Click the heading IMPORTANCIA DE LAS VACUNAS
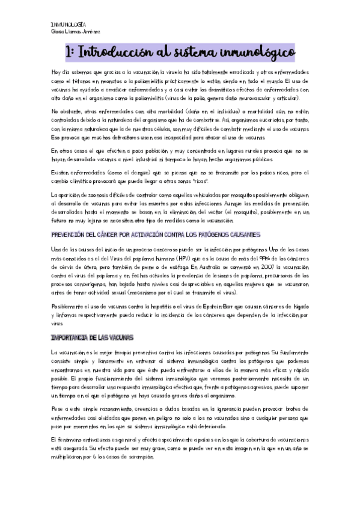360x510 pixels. pos(92,337)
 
